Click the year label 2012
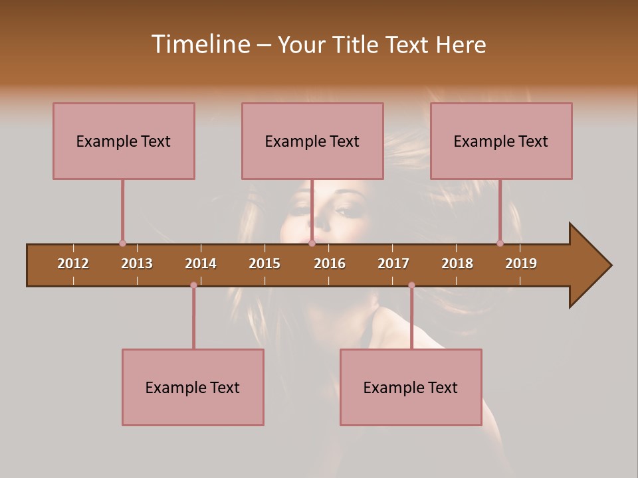[73, 264]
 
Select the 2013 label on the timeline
[137, 264]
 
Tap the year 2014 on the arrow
[201, 264]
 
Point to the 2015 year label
[265, 264]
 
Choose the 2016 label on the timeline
[330, 264]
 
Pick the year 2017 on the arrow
[393, 264]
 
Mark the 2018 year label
[457, 264]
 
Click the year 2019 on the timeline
[521, 264]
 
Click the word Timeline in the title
[199, 44]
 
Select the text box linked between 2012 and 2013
[124, 141]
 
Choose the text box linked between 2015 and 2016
[312, 141]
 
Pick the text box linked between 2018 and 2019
[501, 141]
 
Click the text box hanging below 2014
[193, 387]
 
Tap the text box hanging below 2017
[411, 387]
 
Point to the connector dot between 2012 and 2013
[122, 243]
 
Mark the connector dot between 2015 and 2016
[312, 243]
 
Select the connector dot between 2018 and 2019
[500, 243]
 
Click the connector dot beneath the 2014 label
[193, 285]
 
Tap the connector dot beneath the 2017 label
[411, 285]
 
